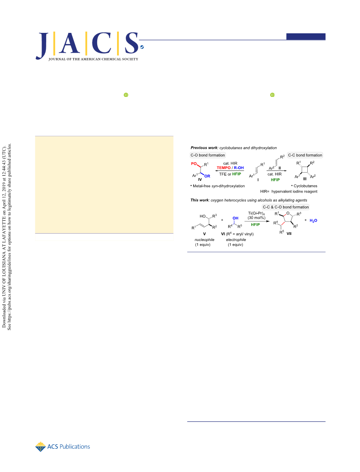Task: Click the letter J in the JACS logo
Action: coord(42,45)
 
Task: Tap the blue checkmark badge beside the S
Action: coord(142,47)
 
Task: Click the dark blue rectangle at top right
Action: coord(306,36)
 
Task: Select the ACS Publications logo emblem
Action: coord(40,447)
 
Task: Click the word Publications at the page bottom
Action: coord(75,447)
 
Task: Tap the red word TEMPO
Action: coord(223,168)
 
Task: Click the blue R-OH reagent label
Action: coord(239,168)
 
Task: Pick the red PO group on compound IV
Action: coord(194,164)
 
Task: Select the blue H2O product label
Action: coord(313,221)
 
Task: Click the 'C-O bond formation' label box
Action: coord(207,155)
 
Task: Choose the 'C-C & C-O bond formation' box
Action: coord(286,207)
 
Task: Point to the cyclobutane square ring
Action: coord(305,170)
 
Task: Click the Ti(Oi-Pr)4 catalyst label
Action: coord(256,213)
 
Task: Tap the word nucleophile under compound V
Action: coord(204,240)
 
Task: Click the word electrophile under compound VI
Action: coord(236,240)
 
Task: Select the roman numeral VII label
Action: coord(289,234)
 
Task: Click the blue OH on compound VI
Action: coord(236,218)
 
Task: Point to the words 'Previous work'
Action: coord(204,148)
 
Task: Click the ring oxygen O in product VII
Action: coord(288,213)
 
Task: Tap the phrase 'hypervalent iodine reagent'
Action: coord(294,192)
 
